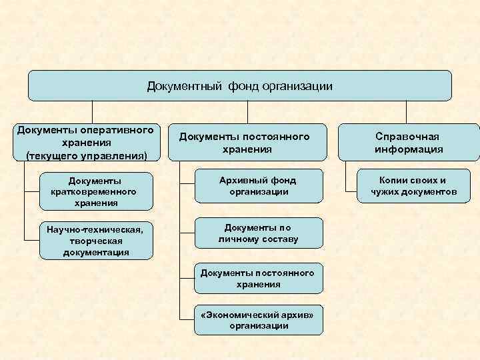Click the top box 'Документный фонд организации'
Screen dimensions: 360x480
click(x=239, y=86)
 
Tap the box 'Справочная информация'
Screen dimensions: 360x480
click(x=408, y=142)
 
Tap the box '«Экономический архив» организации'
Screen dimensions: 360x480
click(x=259, y=319)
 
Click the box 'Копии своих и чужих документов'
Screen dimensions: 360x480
click(x=414, y=186)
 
